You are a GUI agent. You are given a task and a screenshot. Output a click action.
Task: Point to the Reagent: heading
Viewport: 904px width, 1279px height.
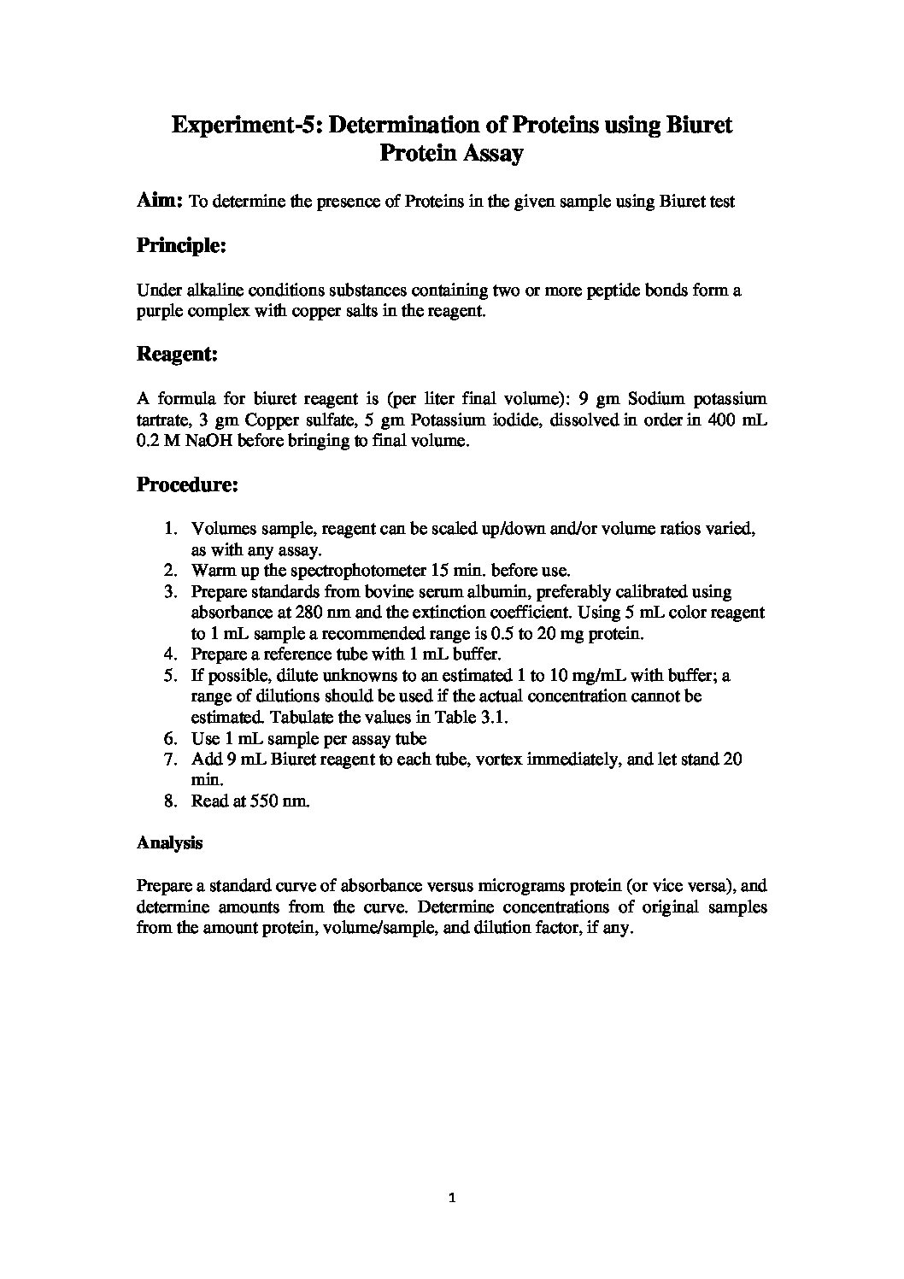(x=177, y=354)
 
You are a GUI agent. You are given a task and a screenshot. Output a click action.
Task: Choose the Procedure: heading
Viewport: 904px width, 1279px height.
(x=187, y=485)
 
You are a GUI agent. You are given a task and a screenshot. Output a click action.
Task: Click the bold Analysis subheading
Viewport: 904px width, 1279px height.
(x=169, y=842)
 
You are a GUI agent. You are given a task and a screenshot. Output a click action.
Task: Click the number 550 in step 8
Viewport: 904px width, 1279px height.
(x=255, y=801)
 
